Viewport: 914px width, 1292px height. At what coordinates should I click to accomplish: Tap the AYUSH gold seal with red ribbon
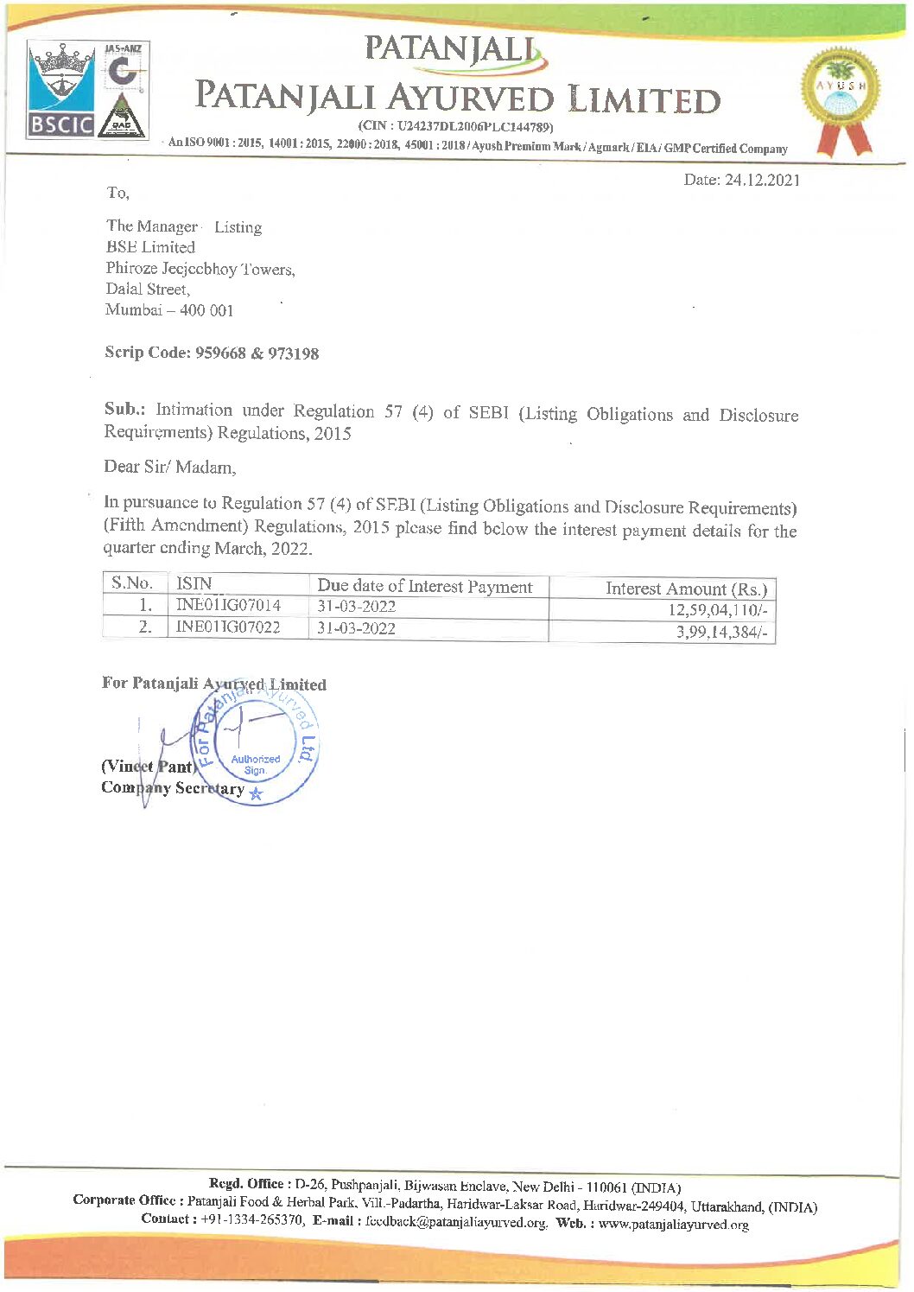(839, 99)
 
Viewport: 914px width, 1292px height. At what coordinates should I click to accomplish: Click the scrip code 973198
(293, 353)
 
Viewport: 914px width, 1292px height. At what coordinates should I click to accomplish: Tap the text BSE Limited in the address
(150, 247)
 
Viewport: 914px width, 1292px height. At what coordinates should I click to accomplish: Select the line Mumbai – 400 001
(169, 310)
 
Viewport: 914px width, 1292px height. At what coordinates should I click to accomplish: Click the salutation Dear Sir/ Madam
(169, 467)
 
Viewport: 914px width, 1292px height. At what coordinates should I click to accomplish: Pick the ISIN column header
(194, 583)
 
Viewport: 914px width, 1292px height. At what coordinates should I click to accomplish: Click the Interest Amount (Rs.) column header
(685, 589)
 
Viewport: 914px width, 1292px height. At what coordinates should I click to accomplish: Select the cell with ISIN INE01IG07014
(228, 605)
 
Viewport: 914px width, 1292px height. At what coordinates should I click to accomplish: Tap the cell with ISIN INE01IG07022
(228, 627)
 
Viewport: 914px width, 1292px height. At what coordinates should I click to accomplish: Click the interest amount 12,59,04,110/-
(717, 610)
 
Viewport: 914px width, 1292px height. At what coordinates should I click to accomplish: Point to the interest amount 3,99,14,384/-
(721, 633)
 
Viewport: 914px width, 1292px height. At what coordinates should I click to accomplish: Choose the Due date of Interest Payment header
(424, 586)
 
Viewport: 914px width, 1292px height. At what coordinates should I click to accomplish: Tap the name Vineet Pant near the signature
(147, 767)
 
